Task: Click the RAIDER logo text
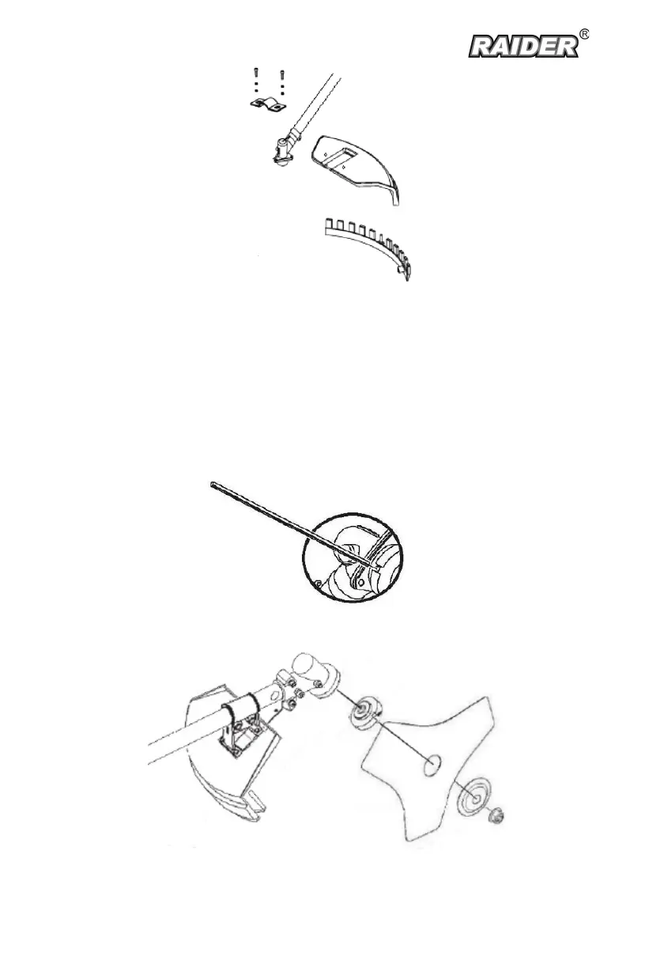(523, 47)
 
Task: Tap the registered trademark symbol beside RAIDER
(584, 35)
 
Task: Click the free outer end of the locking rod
(213, 485)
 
